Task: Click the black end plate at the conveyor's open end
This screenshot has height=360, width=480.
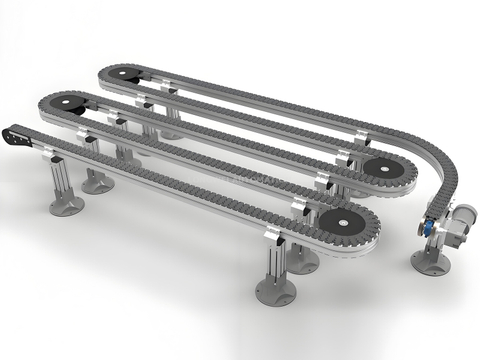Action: click(x=19, y=135)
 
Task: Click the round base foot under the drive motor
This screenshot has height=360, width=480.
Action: click(x=429, y=263)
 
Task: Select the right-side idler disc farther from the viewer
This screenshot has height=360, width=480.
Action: click(x=382, y=167)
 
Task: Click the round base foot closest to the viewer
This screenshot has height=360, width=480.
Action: click(x=275, y=291)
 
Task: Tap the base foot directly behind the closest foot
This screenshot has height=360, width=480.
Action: click(x=302, y=261)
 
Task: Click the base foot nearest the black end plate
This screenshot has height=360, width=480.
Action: click(x=66, y=205)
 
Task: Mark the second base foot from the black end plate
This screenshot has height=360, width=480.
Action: click(x=97, y=183)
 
